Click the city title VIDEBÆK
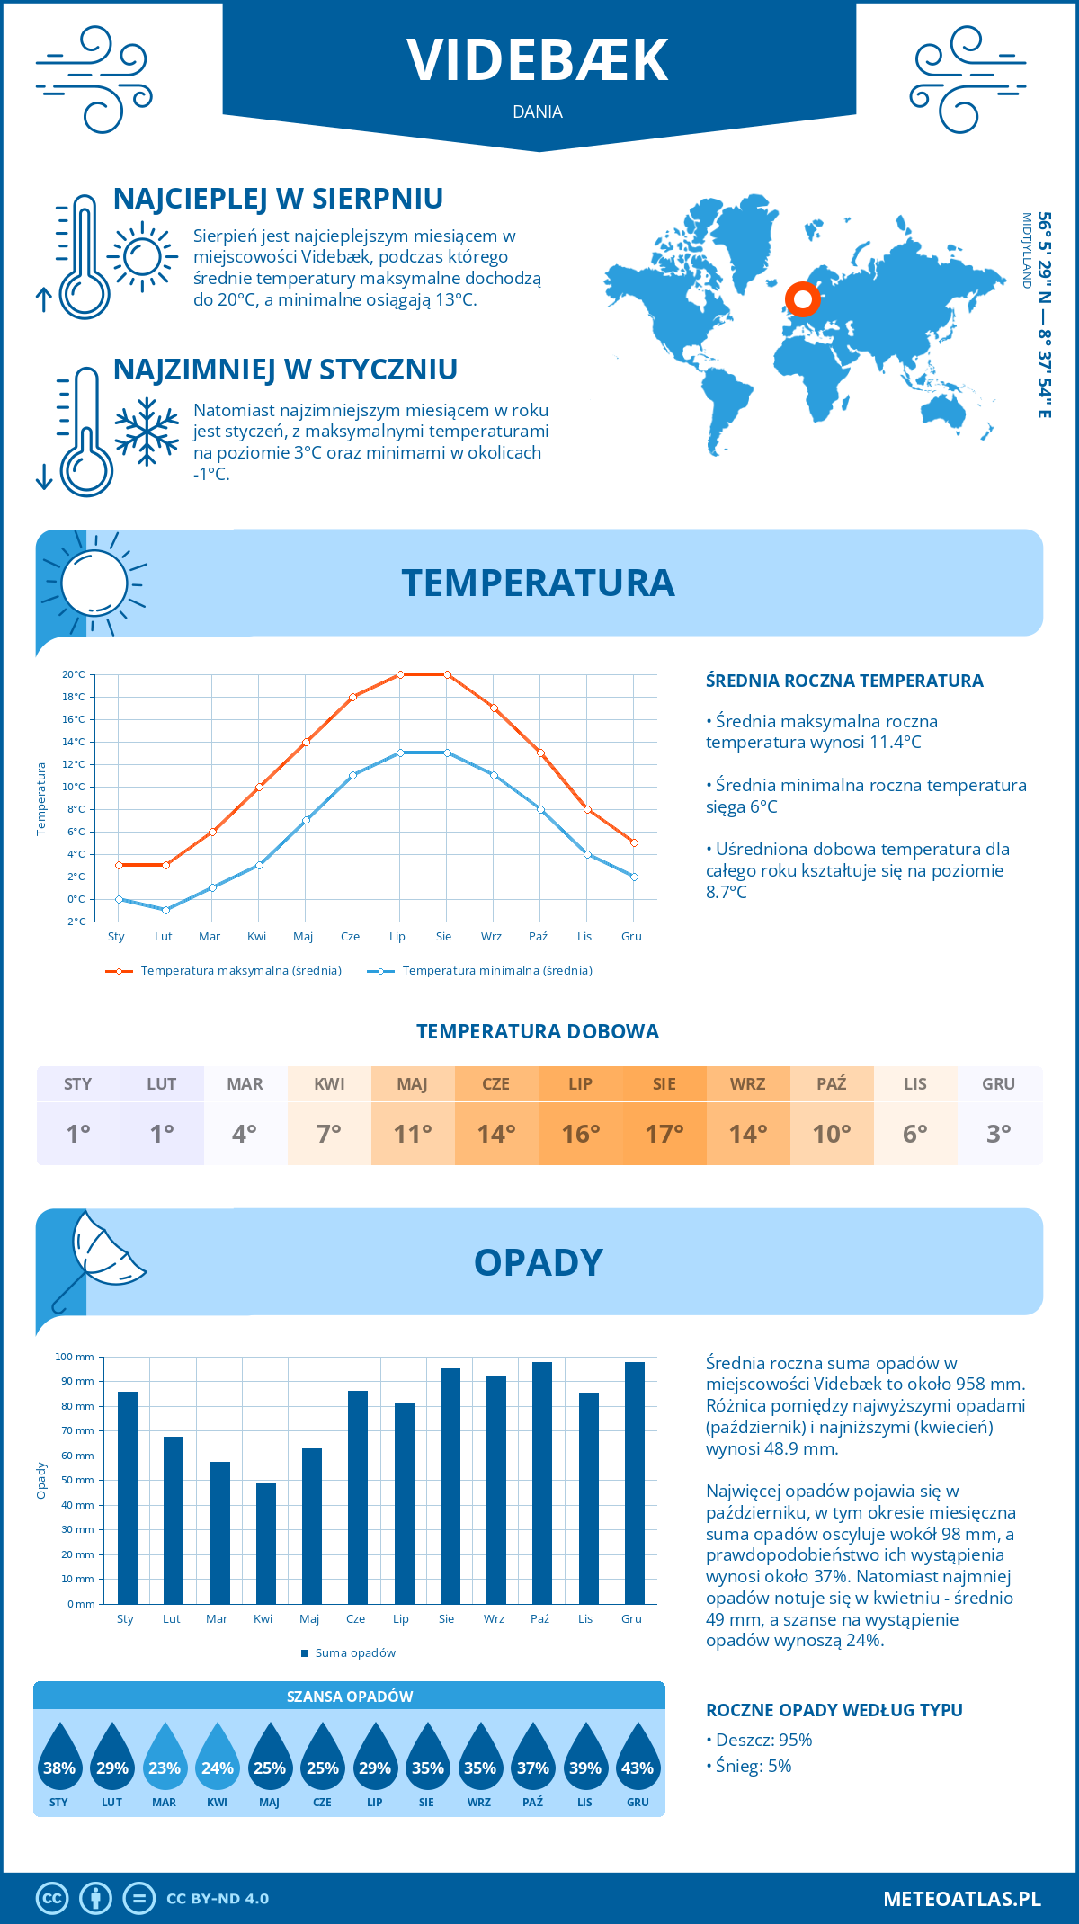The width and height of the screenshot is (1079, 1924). [x=538, y=60]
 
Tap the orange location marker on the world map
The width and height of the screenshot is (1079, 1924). [x=802, y=298]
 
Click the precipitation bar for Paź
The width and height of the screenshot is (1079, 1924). [x=542, y=1483]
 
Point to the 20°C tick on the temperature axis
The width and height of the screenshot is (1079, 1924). [x=74, y=674]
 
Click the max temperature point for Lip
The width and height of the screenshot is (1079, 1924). [x=400, y=674]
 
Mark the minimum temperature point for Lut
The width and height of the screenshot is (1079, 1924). [x=165, y=910]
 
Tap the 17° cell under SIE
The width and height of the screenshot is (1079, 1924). [x=664, y=1134]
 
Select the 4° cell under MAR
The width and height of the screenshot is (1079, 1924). [x=245, y=1134]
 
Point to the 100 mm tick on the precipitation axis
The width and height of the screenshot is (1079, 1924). [x=75, y=1357]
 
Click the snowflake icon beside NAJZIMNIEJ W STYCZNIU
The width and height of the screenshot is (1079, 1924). [x=147, y=432]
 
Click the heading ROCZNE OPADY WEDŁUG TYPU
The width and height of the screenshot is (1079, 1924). [x=834, y=1710]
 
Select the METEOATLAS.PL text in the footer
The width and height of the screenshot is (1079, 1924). [x=961, y=1898]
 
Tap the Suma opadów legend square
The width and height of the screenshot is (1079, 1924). [x=305, y=1653]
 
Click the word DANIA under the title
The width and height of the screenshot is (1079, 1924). [x=538, y=111]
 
